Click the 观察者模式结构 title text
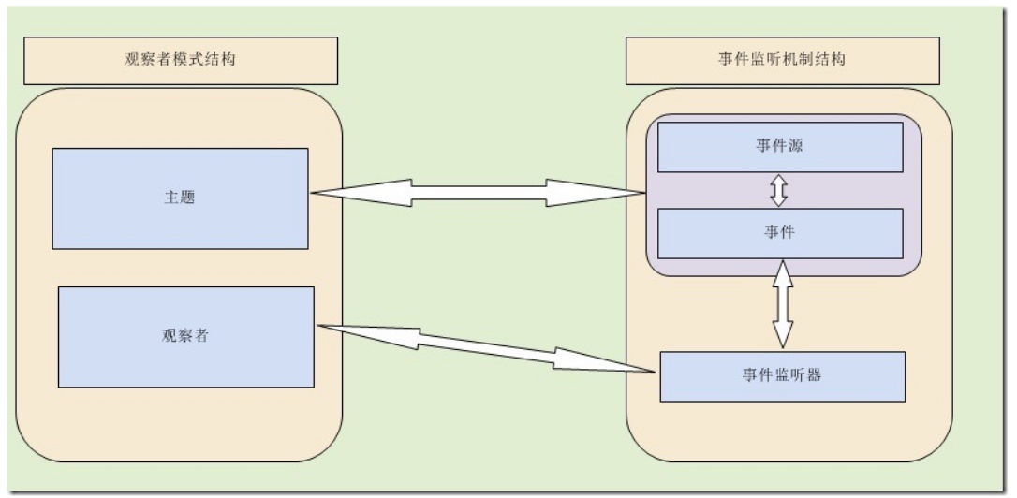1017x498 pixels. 180,60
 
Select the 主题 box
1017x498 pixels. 181,198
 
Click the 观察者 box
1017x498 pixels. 186,337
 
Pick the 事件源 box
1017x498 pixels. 780,147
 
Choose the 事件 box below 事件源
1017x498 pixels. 780,233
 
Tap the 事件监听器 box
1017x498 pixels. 783,376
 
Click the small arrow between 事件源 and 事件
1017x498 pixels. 779,191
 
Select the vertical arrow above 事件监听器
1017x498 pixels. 784,305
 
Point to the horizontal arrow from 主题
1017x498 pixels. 478,193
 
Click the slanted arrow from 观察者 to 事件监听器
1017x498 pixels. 486,349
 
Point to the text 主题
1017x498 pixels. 180,198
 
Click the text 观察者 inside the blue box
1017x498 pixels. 185,337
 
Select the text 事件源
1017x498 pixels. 780,146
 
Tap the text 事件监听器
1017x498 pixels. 782,375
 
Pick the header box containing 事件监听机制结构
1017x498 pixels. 783,61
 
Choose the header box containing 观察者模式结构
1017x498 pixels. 181,61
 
